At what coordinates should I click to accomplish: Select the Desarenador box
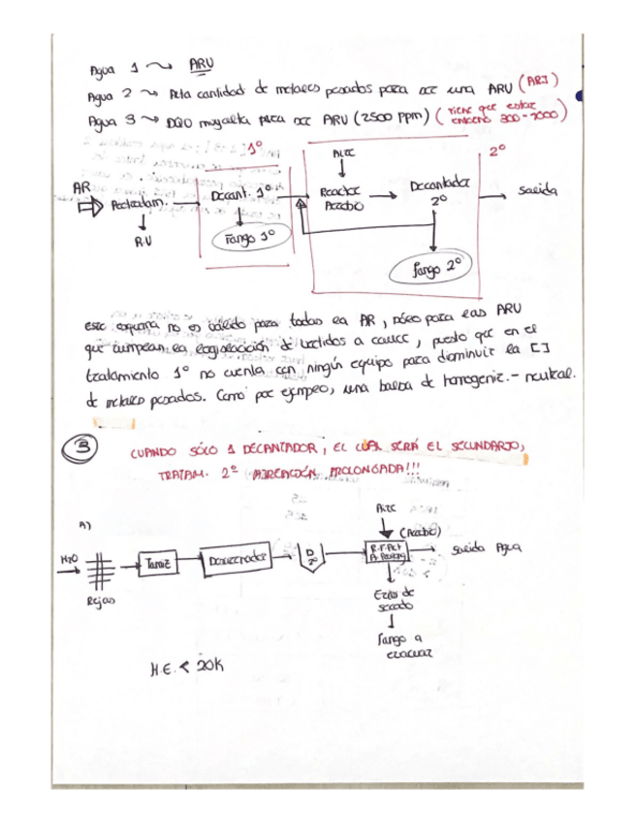pos(239,557)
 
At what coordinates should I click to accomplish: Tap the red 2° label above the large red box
pos(496,153)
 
